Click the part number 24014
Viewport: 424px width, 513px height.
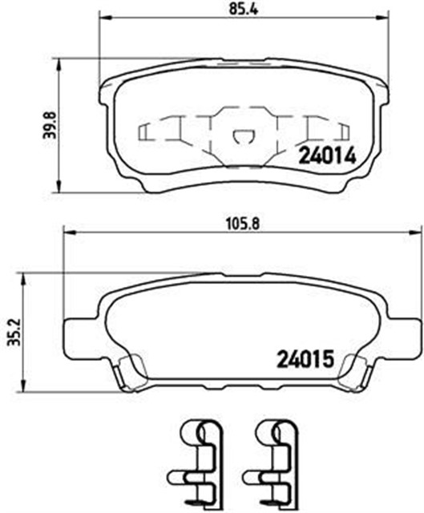coord(326,157)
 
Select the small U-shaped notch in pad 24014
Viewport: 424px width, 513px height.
coord(240,138)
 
